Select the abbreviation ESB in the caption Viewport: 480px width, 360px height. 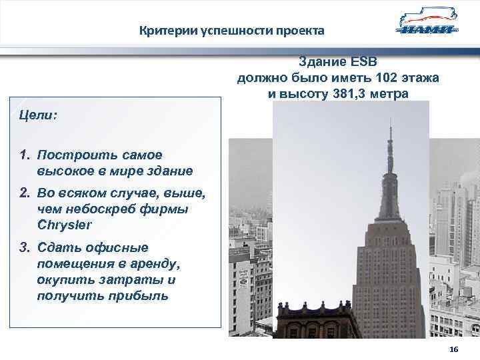[364, 62]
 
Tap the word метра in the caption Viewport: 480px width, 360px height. [393, 94]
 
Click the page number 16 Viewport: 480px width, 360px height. [454, 351]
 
